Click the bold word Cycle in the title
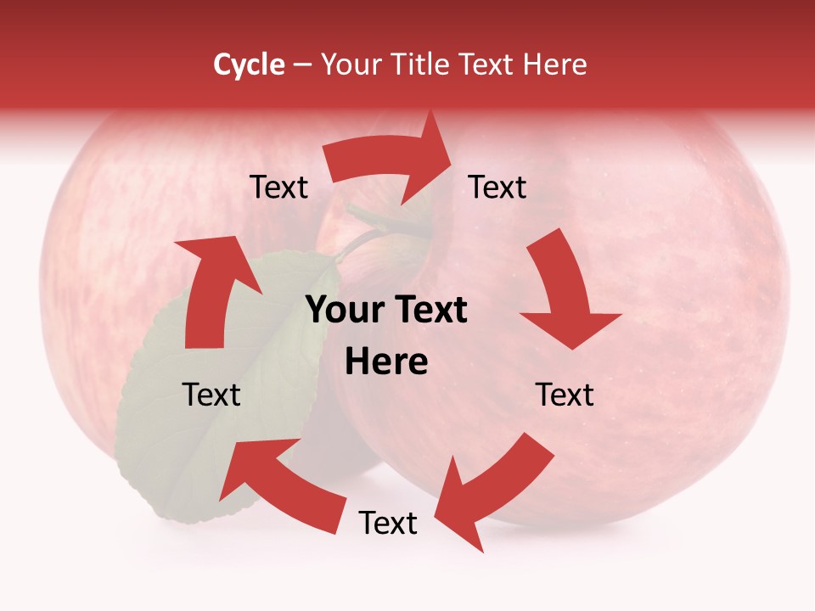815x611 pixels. tap(249, 64)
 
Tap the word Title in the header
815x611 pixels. tap(423, 64)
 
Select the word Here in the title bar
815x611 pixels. tap(556, 64)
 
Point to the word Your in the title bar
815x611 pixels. tap(351, 64)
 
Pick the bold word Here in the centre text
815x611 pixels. tap(386, 362)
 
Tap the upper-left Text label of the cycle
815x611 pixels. tap(278, 188)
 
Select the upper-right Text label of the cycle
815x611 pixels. tap(497, 188)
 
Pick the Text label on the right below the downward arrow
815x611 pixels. tap(565, 395)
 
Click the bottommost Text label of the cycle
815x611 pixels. tap(388, 523)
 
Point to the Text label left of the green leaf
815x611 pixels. tap(211, 395)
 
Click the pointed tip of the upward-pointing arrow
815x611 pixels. tap(197, 239)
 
